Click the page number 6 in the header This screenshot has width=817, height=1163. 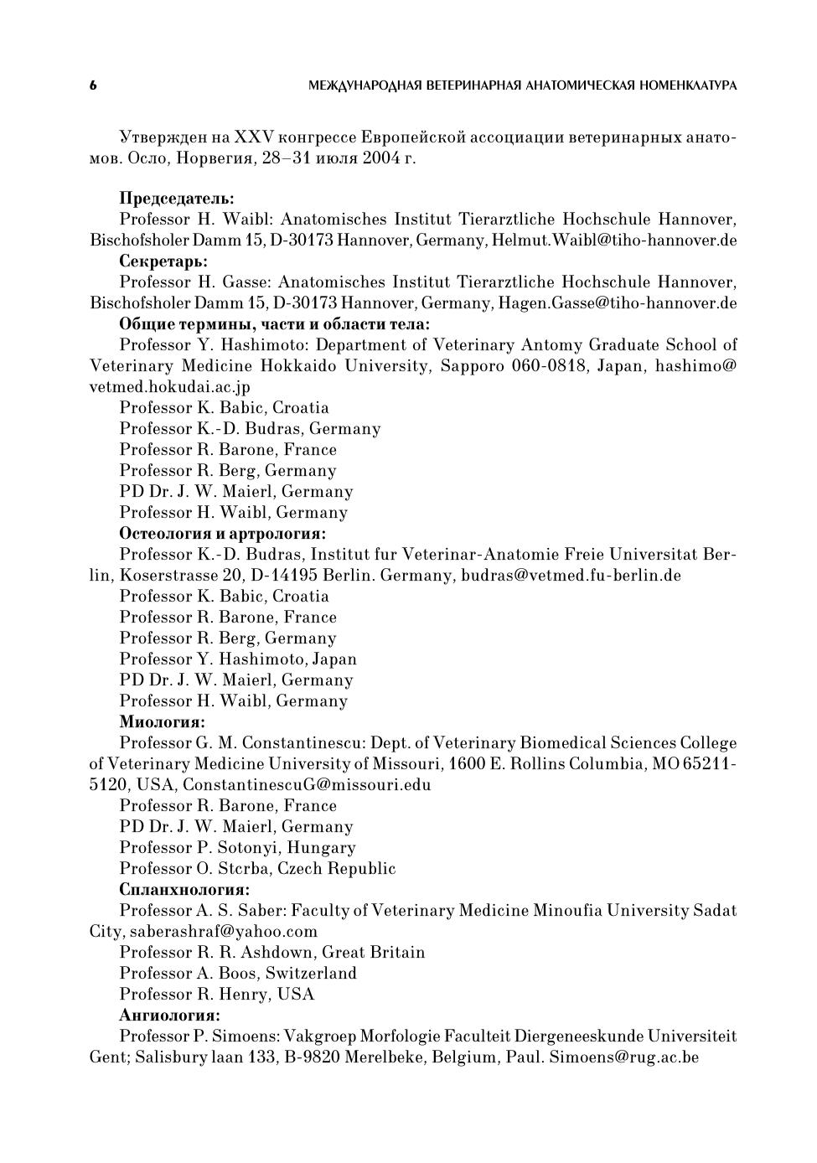(x=93, y=85)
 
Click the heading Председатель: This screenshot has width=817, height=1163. (x=176, y=199)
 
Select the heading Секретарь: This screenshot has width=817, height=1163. (x=163, y=261)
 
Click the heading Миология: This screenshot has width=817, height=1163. (x=162, y=722)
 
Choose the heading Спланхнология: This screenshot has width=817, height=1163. (x=184, y=890)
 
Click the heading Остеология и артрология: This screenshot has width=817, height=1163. (x=222, y=534)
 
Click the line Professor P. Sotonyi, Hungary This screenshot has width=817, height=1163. (x=237, y=848)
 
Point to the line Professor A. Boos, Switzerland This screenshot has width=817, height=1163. (x=238, y=974)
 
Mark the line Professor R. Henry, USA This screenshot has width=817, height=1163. (x=217, y=995)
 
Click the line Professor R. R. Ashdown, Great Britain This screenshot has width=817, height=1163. (x=272, y=953)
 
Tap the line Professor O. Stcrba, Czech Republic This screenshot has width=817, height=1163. (x=257, y=869)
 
